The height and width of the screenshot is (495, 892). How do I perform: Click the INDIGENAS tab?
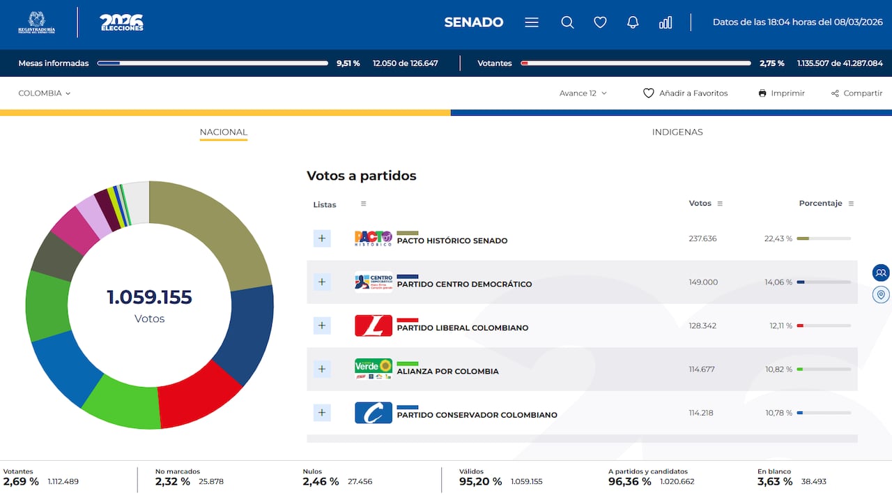(x=677, y=132)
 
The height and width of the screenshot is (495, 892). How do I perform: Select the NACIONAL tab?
(x=223, y=132)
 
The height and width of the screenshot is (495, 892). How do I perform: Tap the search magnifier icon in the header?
(x=567, y=22)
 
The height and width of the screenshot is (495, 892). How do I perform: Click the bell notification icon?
(x=633, y=22)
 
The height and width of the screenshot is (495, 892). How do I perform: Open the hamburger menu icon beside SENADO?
(x=532, y=22)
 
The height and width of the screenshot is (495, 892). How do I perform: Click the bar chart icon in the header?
(x=666, y=22)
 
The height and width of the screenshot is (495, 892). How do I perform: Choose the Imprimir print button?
(x=781, y=93)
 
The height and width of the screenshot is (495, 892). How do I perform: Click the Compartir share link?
(x=856, y=93)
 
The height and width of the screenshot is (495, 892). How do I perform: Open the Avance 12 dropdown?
(x=583, y=93)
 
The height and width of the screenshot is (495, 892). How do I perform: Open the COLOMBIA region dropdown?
(x=45, y=93)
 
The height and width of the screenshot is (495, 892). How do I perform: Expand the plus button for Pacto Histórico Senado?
(x=322, y=238)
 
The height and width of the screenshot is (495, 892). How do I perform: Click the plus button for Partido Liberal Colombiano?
(x=322, y=326)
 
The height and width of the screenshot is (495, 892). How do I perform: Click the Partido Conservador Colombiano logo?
(x=374, y=413)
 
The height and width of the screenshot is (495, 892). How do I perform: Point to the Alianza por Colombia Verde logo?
(x=374, y=369)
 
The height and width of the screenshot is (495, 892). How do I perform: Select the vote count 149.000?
(x=702, y=282)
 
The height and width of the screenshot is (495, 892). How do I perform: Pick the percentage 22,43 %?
(x=778, y=238)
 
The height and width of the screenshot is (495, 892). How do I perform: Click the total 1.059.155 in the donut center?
(x=149, y=298)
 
